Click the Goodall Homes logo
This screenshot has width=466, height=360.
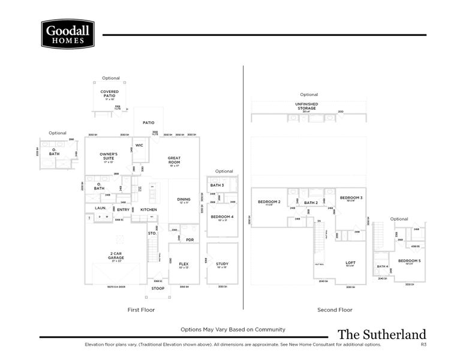click(67, 34)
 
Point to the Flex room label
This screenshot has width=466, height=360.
click(184, 264)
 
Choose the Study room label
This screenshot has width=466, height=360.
click(222, 264)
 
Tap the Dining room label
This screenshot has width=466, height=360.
click(184, 200)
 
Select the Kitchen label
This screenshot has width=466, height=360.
click(149, 209)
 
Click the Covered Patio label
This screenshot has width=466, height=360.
click(109, 94)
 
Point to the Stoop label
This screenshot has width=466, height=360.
click(158, 288)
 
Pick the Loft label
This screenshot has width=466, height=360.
click(351, 262)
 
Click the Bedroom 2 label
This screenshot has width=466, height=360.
click(269, 202)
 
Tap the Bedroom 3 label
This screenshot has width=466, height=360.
click(351, 197)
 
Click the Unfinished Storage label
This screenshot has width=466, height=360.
click(306, 106)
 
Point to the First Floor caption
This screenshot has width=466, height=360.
click(142, 310)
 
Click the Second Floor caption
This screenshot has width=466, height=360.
click(335, 310)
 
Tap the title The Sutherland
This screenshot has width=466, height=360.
click(381, 334)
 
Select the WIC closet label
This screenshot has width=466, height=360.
click(139, 145)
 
